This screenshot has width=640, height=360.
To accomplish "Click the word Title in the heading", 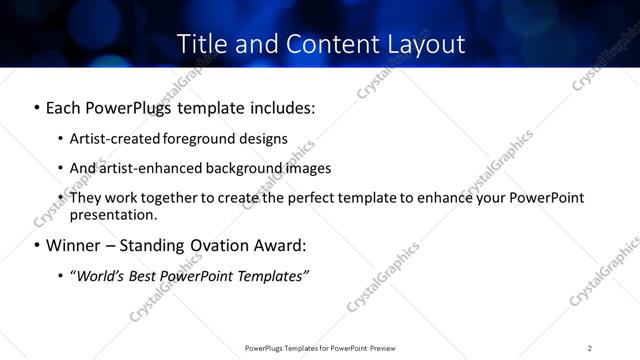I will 200,44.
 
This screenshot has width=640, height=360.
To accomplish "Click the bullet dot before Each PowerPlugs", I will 37,107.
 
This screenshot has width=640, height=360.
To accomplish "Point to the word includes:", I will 282,106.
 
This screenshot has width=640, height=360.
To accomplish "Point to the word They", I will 86,197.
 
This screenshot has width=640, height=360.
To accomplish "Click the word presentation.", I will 113,214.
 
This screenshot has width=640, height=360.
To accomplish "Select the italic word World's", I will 101,275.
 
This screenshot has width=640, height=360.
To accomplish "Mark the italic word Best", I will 150,275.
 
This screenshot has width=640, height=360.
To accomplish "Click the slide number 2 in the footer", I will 590,347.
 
